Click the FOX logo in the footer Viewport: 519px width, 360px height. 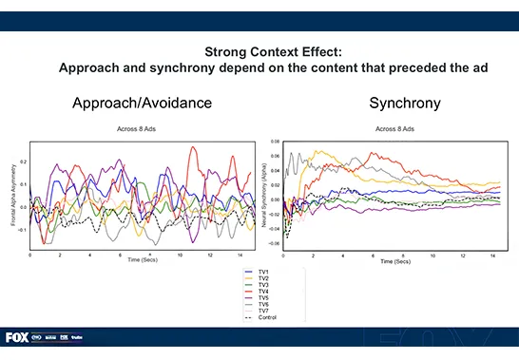pyautogui.click(x=16, y=337)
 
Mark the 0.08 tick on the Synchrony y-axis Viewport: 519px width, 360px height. pyautogui.click(x=276, y=141)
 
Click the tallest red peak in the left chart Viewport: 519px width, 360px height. pyautogui.click(x=194, y=147)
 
